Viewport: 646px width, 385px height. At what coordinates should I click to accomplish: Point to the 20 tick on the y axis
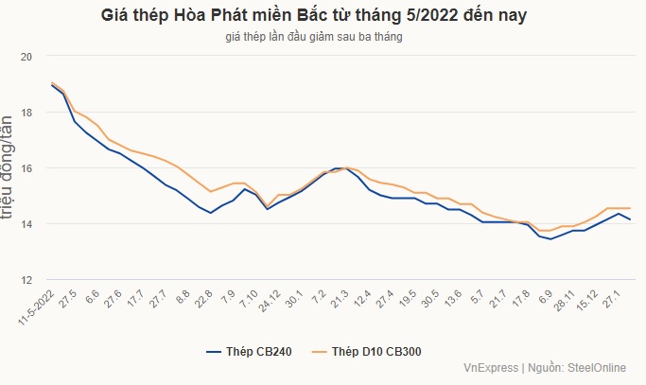(26, 57)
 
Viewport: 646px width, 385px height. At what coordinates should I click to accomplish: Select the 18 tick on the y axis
(26, 113)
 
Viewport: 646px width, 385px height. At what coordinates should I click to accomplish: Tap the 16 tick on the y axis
(26, 168)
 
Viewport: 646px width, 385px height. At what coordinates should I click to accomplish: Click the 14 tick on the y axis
(26, 224)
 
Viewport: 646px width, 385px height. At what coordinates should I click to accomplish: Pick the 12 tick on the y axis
(26, 280)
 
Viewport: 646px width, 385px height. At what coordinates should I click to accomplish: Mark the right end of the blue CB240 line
(630, 219)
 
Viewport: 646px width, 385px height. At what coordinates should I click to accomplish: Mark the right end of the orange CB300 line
(630, 208)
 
